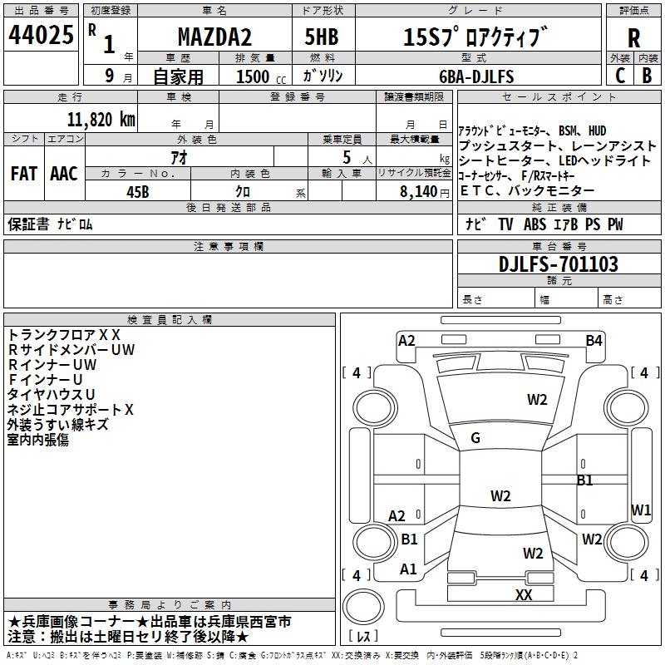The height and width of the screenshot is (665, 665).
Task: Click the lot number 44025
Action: coord(41,35)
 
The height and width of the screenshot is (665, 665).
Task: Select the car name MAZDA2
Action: coord(214,37)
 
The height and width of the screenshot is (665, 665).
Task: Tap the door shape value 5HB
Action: coord(322,37)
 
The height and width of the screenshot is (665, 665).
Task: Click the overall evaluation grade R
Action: coord(633,38)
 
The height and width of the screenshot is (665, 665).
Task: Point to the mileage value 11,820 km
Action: coord(101,120)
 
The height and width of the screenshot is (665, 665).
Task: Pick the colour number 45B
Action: coord(138,192)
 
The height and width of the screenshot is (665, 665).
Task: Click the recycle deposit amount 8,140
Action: coord(419,192)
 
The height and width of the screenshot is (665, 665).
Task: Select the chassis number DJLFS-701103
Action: coord(558,264)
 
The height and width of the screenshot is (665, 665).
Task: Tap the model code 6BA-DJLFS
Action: coord(476,76)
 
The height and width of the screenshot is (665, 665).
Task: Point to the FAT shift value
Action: coord(24,174)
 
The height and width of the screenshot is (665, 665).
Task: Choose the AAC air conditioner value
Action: coord(64,174)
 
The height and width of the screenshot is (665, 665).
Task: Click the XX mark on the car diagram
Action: coord(524,594)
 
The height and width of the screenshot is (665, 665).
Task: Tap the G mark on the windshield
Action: coord(475,438)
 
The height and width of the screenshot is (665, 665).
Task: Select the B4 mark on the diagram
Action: coord(594,341)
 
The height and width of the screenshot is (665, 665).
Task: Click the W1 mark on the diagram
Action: coord(640,510)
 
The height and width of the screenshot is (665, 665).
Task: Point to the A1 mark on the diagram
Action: coord(408,569)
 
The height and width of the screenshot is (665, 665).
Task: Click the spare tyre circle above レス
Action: coord(363,606)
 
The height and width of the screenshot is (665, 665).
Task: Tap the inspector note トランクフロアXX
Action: coord(64,335)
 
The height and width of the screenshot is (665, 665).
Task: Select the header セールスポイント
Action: coord(559,97)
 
